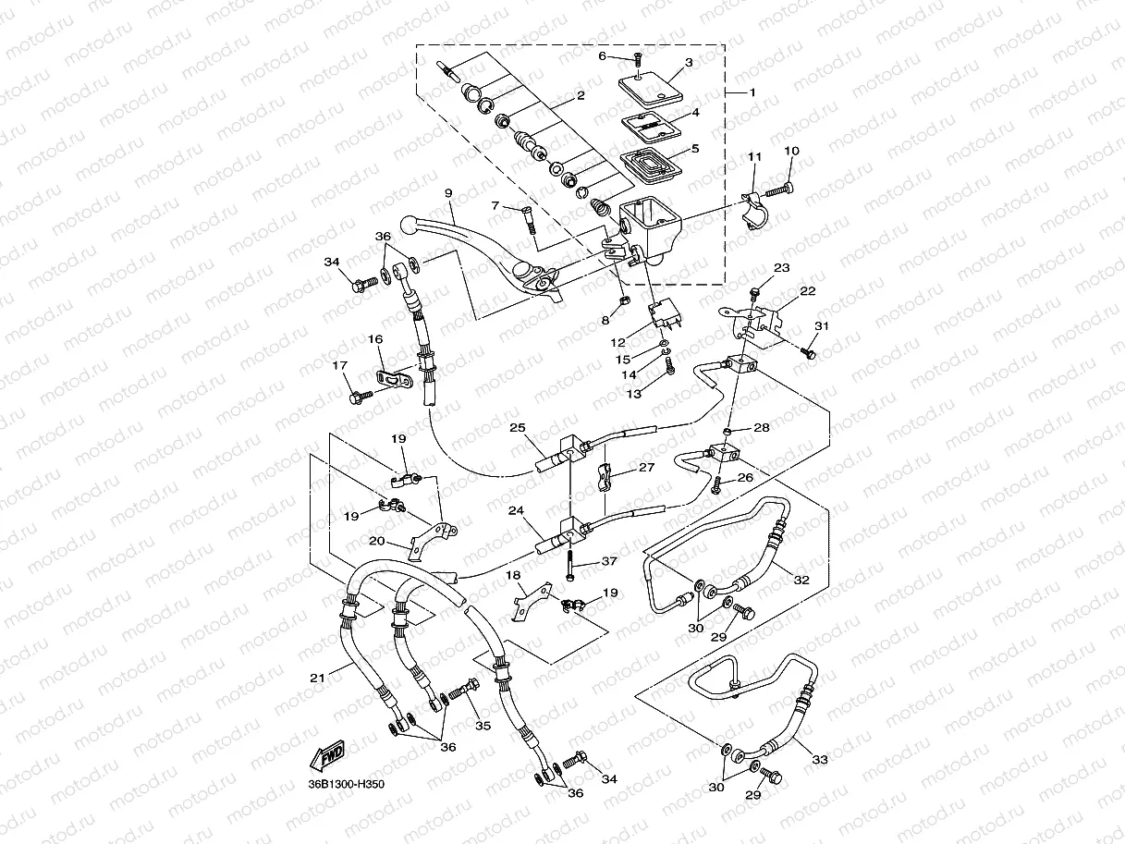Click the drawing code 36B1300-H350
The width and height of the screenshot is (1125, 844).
point(346,785)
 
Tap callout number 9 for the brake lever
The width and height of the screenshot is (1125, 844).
point(448,193)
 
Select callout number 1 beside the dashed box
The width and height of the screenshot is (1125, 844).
point(752,92)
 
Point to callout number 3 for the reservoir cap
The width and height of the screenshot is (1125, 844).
point(689,63)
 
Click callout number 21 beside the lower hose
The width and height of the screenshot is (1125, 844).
point(318,678)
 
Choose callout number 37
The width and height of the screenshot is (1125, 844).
point(609,561)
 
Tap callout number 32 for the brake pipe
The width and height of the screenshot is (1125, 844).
point(801,580)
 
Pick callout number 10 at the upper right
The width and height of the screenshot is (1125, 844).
point(791,151)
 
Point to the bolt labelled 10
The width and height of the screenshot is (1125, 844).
point(779,189)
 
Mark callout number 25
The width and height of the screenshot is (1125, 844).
point(517,427)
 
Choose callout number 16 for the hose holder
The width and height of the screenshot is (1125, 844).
point(376,340)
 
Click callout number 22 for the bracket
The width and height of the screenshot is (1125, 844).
point(807,291)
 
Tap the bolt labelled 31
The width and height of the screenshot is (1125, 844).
point(809,352)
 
